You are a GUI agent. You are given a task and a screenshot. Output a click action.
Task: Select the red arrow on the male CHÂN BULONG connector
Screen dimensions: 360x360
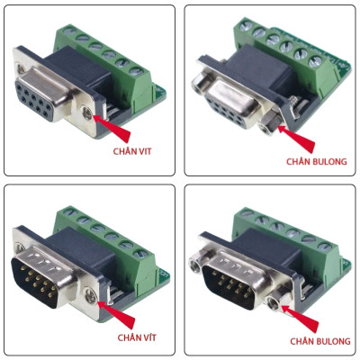coord(301,319)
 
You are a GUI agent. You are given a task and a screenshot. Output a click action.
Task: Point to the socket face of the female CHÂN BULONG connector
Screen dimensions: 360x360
coord(229,103)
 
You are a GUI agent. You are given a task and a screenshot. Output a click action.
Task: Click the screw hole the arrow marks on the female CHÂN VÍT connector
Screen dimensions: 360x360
coord(89,115)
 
